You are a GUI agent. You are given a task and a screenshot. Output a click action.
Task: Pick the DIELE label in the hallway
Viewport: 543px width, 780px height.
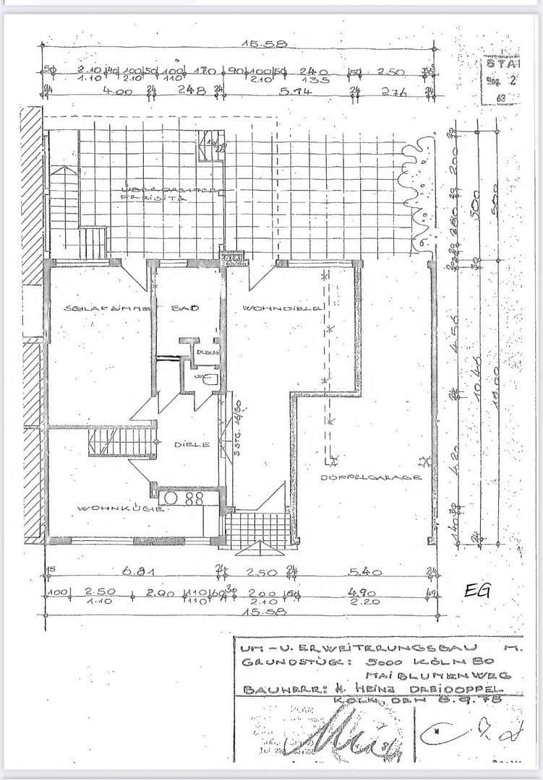click(x=192, y=445)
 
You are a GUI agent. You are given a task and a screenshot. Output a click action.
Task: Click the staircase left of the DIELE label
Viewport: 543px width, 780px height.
click(x=123, y=441)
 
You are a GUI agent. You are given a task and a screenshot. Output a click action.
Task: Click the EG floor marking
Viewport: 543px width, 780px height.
click(x=478, y=589)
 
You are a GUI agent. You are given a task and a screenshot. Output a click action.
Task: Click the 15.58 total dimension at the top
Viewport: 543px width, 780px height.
click(x=263, y=44)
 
